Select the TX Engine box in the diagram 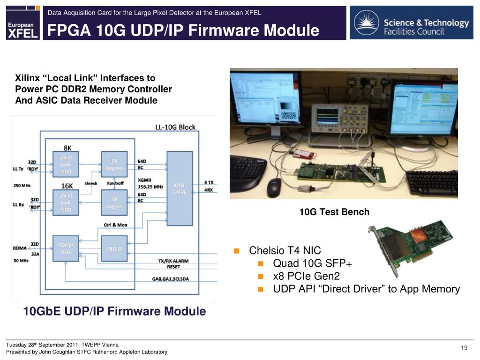[x=114, y=165]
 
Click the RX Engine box [x=114, y=202]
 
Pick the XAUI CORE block [x=180, y=188]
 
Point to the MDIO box [x=114, y=248]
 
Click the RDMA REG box [x=66, y=248]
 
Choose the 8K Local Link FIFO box [x=66, y=165]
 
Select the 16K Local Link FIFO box [x=66, y=202]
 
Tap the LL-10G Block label [x=175, y=127]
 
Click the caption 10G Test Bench [x=334, y=212]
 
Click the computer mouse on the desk [x=274, y=187]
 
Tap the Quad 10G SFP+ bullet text [x=312, y=263]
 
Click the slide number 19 [x=465, y=347]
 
